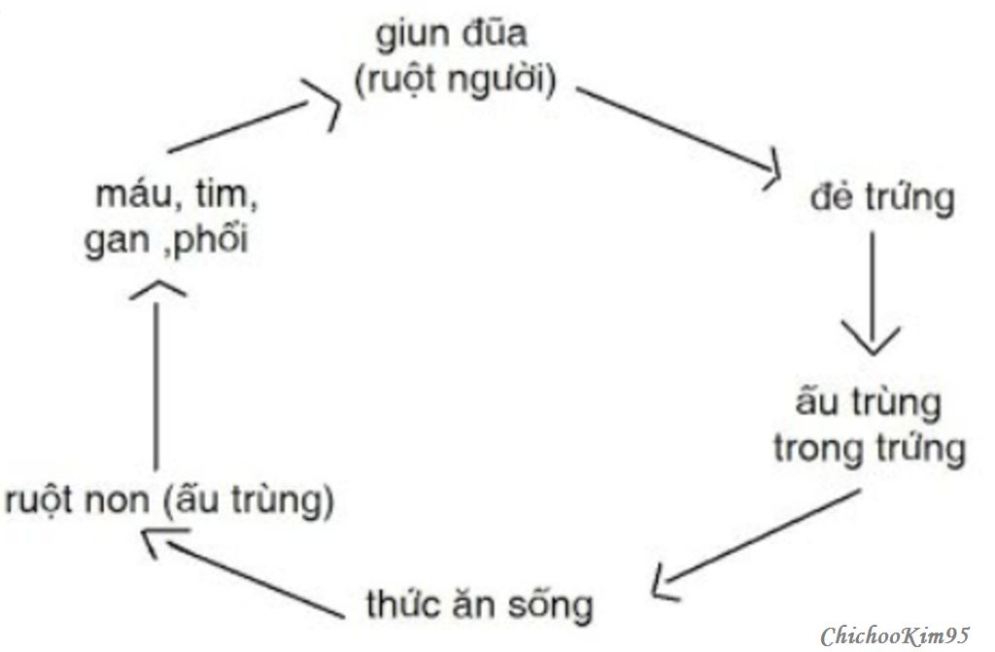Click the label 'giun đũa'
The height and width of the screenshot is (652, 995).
coord(451,34)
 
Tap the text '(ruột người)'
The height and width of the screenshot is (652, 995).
coord(455,81)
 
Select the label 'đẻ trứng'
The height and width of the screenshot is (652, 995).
coord(882,197)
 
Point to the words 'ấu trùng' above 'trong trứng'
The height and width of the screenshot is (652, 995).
coord(868,402)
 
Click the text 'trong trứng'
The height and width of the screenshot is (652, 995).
coord(870,448)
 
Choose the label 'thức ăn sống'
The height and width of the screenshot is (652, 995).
coord(480,603)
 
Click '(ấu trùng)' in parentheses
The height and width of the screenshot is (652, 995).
coord(249,500)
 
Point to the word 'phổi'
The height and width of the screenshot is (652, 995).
coord(210,239)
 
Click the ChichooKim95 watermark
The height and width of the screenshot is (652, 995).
coord(895,635)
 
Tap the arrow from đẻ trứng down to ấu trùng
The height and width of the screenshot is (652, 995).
coord(872,293)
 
